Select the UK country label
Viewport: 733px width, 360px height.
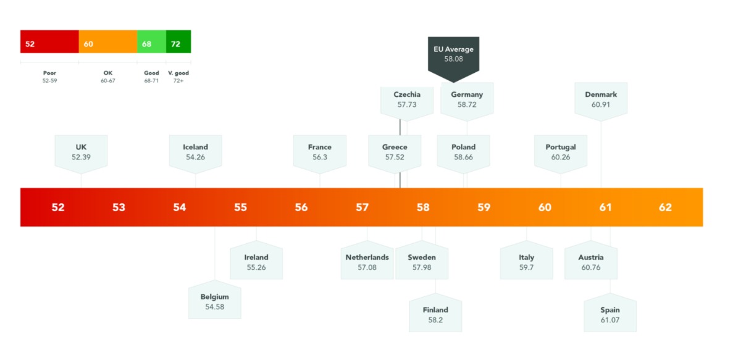click(81, 147)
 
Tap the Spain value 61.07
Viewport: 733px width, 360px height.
click(610, 320)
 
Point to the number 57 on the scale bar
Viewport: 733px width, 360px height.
click(362, 207)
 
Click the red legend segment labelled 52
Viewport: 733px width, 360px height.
click(49, 41)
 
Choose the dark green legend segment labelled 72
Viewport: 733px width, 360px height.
click(178, 41)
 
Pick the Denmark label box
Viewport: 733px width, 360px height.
click(601, 99)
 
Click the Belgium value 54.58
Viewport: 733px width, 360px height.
click(215, 307)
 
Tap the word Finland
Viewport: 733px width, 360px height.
click(435, 310)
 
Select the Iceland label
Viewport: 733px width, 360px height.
click(195, 147)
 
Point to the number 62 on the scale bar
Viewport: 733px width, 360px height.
click(665, 207)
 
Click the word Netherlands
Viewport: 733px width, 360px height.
click(367, 257)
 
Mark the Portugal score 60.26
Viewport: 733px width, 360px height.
click(561, 157)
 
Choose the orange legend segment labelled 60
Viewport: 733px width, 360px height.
click(107, 41)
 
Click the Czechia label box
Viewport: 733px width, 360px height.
click(407, 99)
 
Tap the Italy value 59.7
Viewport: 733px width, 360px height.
click(527, 267)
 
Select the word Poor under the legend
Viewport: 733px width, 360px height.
click(49, 73)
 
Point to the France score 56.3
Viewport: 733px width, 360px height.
click(320, 157)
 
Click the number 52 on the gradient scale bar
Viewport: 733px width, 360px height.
click(58, 207)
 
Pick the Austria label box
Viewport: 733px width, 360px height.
click(591, 262)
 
